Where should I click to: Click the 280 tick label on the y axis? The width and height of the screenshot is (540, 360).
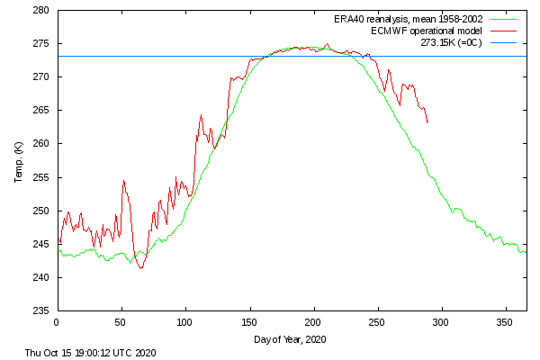tap(41, 10)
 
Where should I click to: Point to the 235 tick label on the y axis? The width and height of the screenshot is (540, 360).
tap(41, 310)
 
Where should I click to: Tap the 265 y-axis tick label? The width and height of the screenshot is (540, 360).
tap(41, 110)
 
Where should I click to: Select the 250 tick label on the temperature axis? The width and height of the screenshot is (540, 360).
tap(41, 211)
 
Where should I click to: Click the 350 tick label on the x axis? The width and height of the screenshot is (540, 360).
tap(505, 322)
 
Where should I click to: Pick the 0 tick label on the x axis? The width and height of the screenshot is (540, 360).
tap(57, 322)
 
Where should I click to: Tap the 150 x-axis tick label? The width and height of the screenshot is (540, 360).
tap(249, 322)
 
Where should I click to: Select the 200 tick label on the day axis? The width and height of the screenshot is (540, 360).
tap(312, 322)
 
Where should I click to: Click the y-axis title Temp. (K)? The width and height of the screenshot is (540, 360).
tap(19, 162)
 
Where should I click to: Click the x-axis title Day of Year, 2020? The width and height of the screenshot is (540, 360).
tap(290, 339)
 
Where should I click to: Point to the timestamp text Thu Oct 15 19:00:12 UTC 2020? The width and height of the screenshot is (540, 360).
tap(91, 353)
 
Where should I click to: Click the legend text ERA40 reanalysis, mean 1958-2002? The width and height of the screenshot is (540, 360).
tap(409, 19)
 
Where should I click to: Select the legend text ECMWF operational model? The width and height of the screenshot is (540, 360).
tap(427, 31)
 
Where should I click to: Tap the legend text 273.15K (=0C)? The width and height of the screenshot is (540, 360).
tap(451, 42)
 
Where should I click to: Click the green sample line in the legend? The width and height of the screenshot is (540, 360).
tap(504, 19)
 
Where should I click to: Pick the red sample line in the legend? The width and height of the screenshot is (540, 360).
tap(504, 31)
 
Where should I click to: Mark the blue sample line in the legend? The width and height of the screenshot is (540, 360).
tap(504, 42)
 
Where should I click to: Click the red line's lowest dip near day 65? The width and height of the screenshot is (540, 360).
tap(140, 268)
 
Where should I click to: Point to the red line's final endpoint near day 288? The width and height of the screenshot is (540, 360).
tap(427, 122)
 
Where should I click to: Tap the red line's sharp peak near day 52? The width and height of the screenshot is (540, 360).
tap(123, 180)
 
